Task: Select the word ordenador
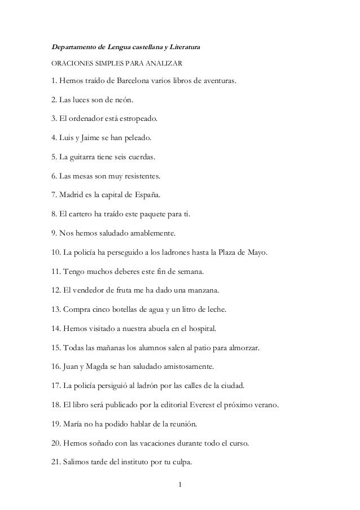click(x=94, y=120)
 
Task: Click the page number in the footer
click(x=179, y=484)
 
